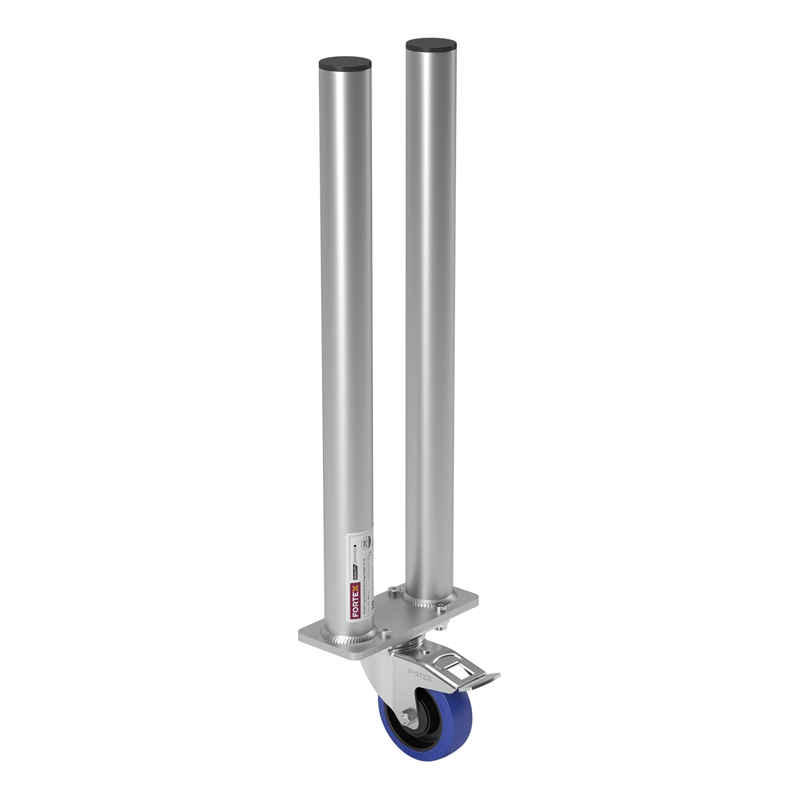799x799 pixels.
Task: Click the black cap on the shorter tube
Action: (x=346, y=65)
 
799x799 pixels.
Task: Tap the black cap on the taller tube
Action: (x=431, y=47)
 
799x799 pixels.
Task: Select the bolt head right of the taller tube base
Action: (x=441, y=605)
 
